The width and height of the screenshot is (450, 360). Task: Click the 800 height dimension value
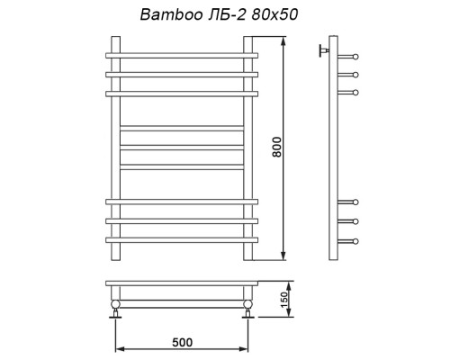[x=277, y=148]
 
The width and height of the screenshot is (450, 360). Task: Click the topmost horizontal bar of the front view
[x=183, y=56]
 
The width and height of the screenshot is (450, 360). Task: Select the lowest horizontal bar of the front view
[x=183, y=239]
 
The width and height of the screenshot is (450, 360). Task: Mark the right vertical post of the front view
[x=248, y=148]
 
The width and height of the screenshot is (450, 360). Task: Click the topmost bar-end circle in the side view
[x=356, y=57]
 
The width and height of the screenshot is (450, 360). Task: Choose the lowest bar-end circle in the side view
[x=356, y=239]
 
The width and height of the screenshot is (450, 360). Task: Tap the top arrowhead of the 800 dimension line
[x=284, y=40]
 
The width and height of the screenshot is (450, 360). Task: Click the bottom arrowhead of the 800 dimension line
[x=284, y=256]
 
